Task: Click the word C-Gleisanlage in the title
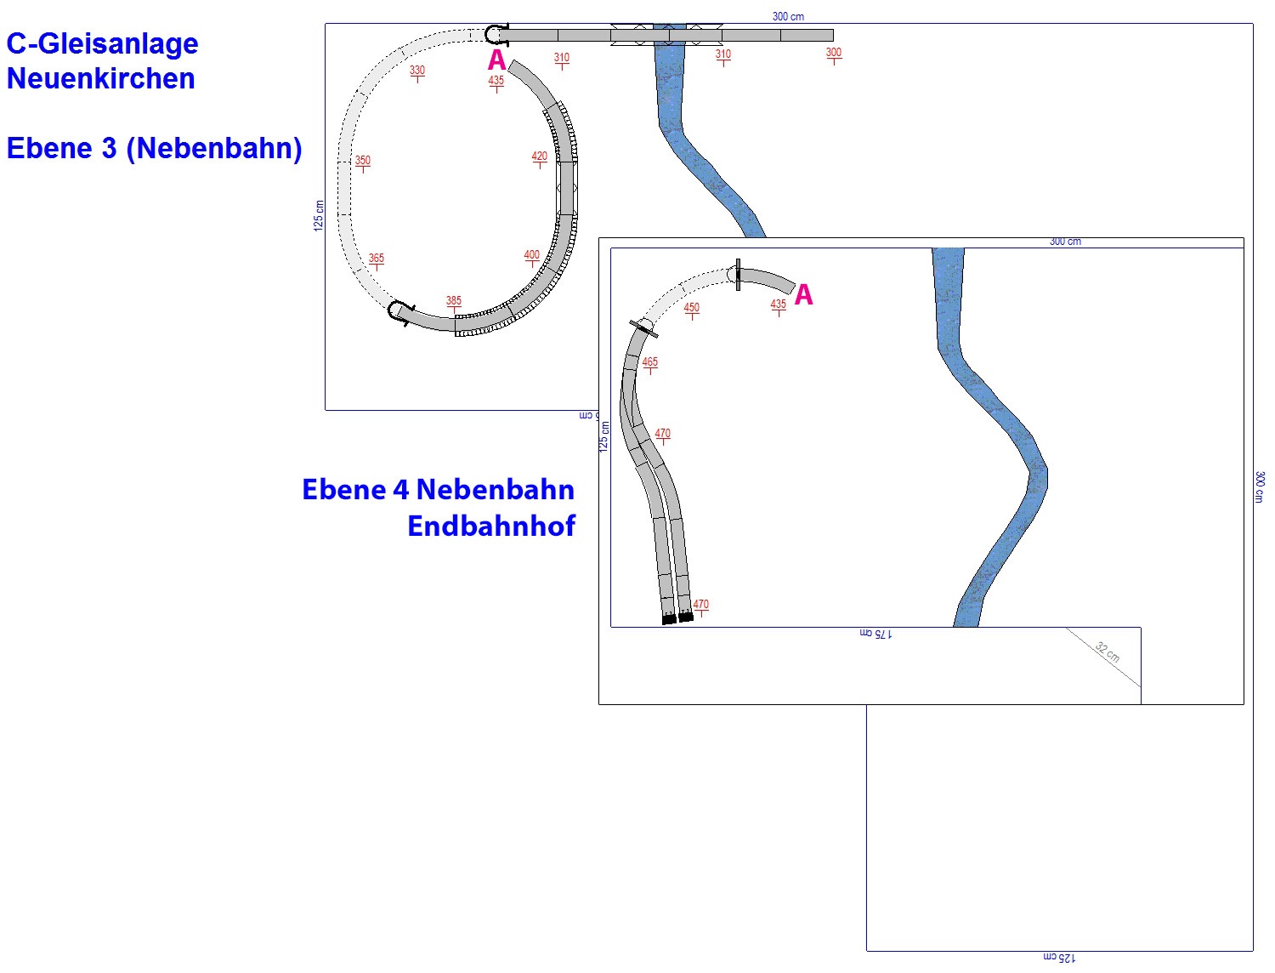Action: [102, 44]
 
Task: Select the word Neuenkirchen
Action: [100, 78]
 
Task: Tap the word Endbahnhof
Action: [490, 526]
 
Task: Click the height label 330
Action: [417, 71]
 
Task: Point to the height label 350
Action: [362, 161]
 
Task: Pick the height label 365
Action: [376, 258]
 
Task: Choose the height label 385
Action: [454, 301]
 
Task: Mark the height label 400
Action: [531, 254]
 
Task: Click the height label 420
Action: [539, 156]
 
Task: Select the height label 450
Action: [691, 308]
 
